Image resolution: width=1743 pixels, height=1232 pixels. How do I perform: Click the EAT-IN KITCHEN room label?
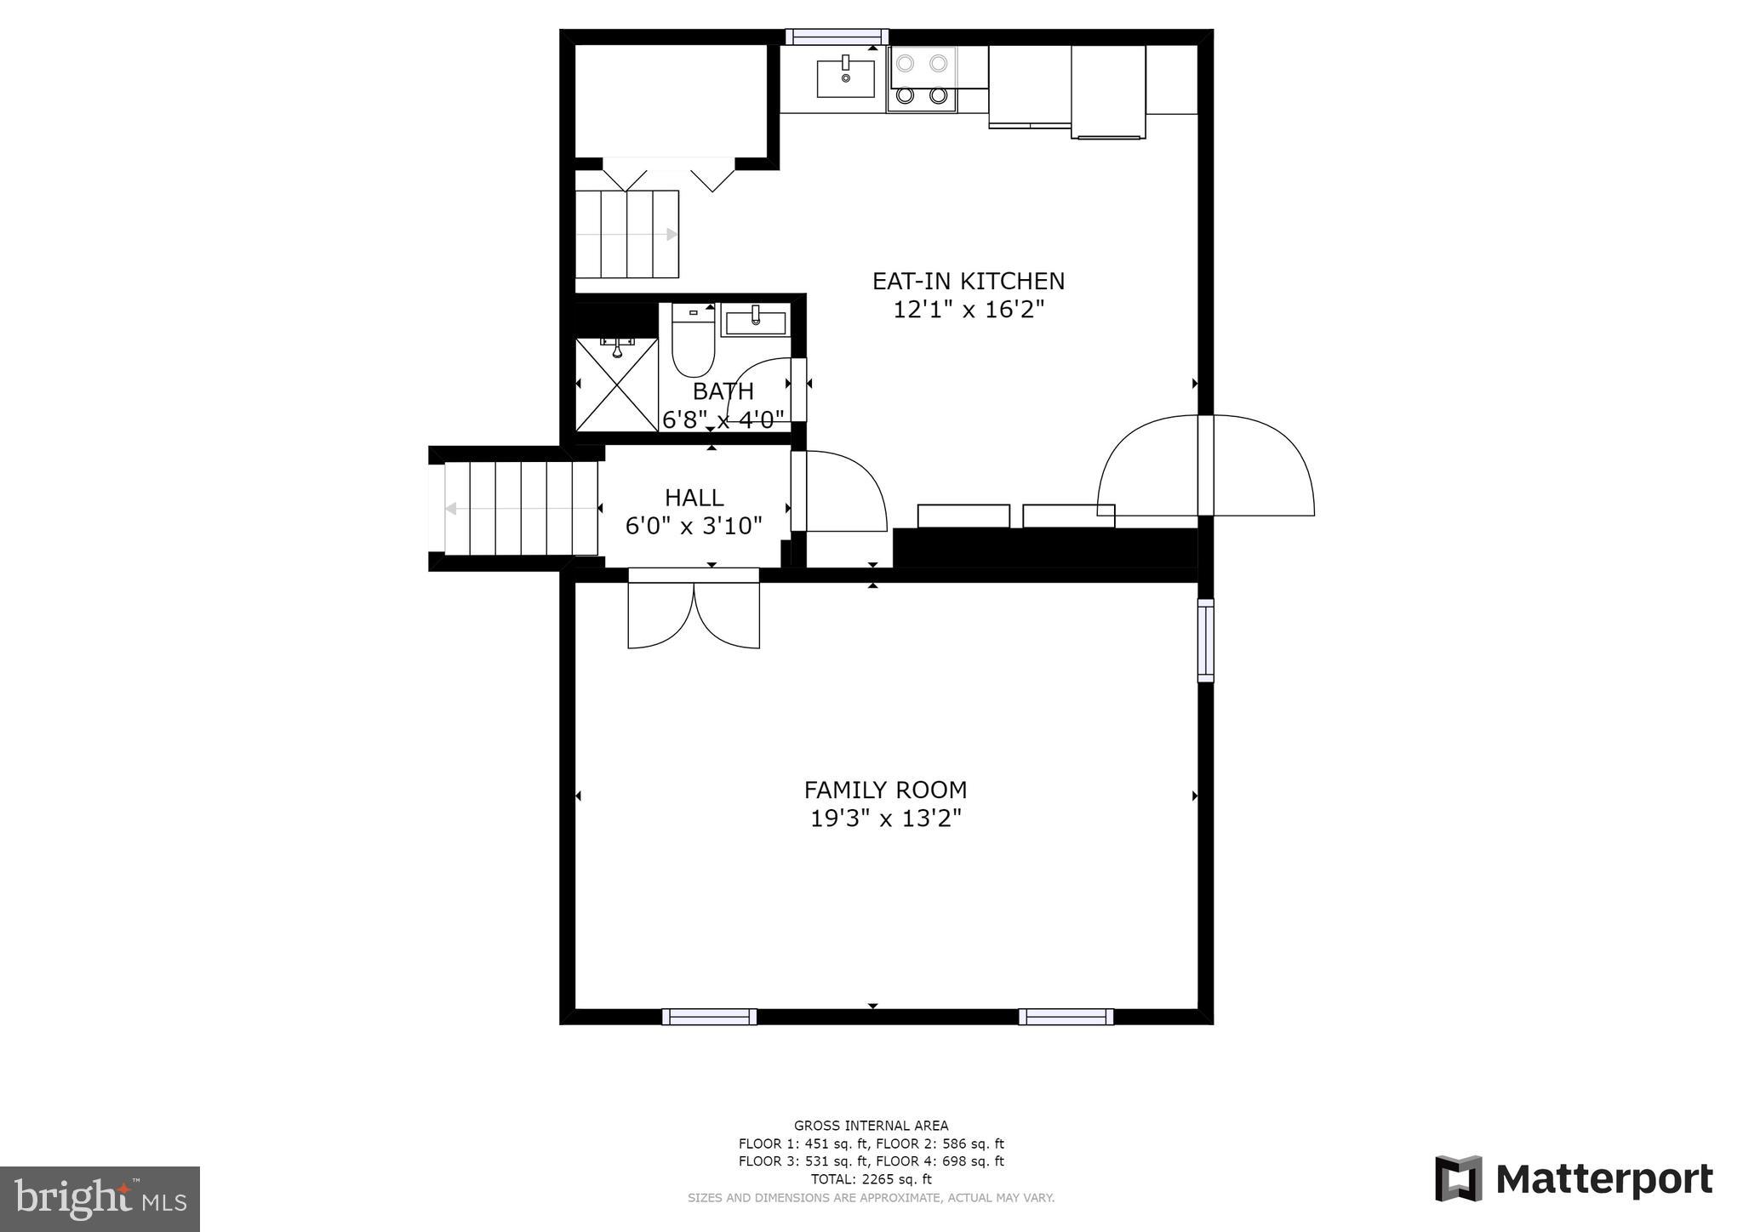point(968,281)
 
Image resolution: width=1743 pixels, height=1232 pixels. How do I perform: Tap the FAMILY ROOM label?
point(885,790)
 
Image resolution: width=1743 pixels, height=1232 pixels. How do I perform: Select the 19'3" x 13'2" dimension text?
point(885,818)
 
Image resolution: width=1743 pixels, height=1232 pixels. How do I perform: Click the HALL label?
point(694,498)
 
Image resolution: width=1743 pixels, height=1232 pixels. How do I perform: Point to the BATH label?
point(723,391)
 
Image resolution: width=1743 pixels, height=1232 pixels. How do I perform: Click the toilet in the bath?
point(693,345)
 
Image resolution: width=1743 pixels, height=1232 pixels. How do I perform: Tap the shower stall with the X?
point(617,385)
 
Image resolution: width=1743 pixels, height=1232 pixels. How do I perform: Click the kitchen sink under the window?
point(845,78)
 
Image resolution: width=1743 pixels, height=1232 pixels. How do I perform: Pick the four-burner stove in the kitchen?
point(922,79)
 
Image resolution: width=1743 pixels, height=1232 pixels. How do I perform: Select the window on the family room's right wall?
point(1205,640)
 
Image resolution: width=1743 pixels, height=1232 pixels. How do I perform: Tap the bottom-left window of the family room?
point(709,1016)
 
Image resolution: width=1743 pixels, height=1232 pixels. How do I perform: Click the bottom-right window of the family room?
point(1066,1016)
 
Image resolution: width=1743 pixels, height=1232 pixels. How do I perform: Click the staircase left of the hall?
point(519,508)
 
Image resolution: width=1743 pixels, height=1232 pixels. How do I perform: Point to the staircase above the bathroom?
point(627,234)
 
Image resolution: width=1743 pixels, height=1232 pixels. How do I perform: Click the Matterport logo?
point(1574,1179)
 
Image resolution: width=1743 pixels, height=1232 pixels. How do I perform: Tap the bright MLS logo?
point(100,1199)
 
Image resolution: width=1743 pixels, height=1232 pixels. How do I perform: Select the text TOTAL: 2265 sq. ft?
point(871,1179)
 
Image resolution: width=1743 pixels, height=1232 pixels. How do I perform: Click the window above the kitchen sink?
point(837,37)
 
